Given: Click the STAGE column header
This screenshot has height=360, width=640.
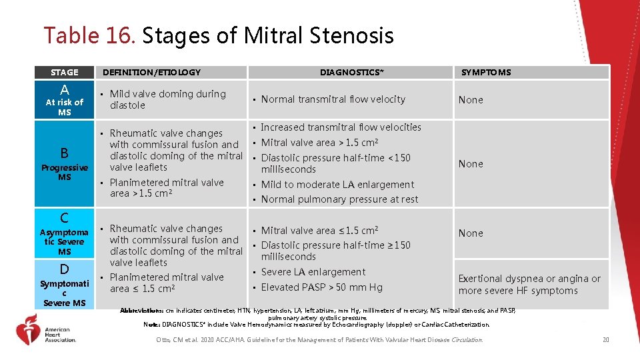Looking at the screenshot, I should tap(64, 72).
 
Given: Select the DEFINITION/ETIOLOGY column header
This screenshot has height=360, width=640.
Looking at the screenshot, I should tap(151, 72).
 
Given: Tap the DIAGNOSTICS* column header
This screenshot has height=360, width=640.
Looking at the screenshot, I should tap(351, 72).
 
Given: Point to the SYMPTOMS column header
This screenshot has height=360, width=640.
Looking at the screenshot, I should tap(486, 72).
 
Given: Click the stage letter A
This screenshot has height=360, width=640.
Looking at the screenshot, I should tap(64, 90).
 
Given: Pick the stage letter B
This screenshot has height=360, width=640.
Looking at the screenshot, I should tap(64, 153).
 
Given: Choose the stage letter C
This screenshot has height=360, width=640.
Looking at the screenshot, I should tap(64, 218).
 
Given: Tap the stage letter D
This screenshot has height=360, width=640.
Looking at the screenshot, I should tap(64, 269).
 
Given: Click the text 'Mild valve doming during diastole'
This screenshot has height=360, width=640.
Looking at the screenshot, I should tap(167, 99).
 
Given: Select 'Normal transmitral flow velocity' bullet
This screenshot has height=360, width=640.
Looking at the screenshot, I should tap(333, 99).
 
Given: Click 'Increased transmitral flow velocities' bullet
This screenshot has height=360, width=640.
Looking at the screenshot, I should tap(341, 127).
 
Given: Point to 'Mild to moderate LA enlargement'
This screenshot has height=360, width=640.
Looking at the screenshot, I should tap(337, 185).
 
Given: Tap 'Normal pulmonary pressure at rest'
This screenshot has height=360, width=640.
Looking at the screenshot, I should tap(339, 199).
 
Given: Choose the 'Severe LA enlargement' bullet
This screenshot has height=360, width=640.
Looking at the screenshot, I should tap(313, 272).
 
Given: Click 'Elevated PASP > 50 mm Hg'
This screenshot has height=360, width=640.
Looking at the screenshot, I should tap(321, 287).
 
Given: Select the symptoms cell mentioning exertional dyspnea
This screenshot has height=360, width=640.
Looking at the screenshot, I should tap(529, 285).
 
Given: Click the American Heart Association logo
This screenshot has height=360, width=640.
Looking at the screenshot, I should tap(47, 331).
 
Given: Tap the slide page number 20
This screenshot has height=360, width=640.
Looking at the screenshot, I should tap(605, 340).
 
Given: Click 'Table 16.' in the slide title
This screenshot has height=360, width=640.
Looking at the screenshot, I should tap(89, 35).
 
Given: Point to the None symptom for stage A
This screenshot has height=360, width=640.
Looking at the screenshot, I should tap(471, 100).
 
